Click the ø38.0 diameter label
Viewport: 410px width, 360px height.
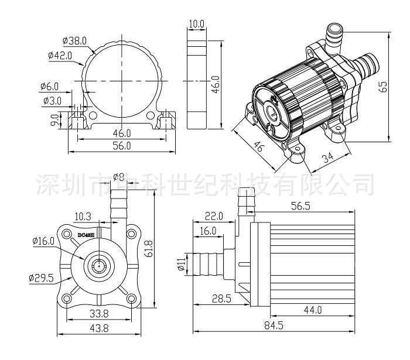75,41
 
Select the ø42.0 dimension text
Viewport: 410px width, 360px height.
61,56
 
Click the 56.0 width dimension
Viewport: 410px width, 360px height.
121,147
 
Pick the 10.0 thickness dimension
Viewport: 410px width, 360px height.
196,24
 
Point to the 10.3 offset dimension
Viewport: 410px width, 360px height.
84,216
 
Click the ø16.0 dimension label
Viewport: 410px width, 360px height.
43,241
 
